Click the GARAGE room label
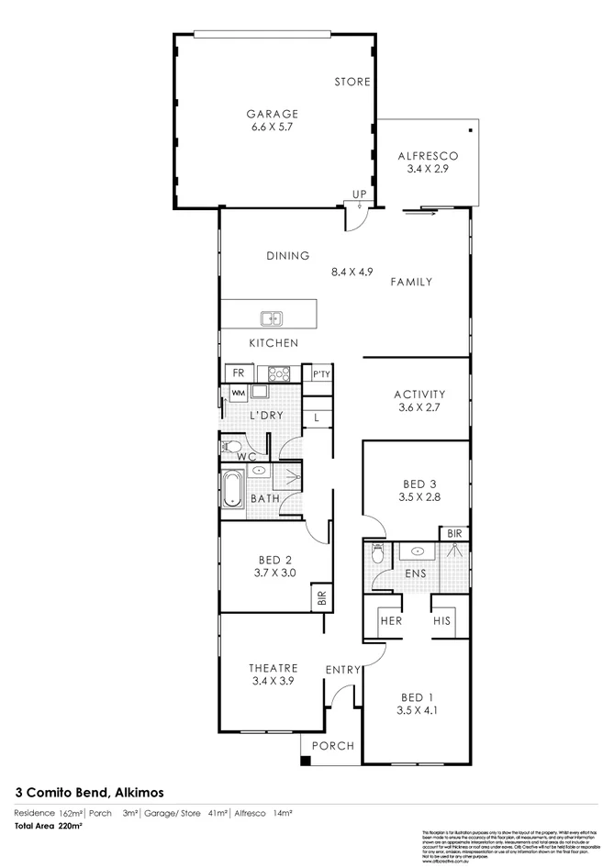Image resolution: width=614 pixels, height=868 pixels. [272, 115]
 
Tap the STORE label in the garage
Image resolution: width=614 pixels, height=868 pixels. [353, 82]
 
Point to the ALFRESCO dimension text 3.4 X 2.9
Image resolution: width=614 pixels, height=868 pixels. [427, 172]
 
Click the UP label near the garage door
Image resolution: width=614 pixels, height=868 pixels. [360, 195]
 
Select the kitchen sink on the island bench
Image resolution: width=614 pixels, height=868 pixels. [272, 318]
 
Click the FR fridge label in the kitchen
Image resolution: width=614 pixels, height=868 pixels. [238, 373]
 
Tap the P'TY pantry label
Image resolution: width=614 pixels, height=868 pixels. [320, 374]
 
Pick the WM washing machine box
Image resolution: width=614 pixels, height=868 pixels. [238, 393]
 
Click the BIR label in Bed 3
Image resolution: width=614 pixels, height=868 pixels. [454, 533]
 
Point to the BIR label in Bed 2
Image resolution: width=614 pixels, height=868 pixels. [320, 597]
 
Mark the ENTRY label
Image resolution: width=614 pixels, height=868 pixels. [342, 670]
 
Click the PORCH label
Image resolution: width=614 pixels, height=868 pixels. [333, 746]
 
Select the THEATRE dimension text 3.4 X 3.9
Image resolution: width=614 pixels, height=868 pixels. [272, 681]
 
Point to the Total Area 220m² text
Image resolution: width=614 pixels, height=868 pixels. [48, 827]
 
